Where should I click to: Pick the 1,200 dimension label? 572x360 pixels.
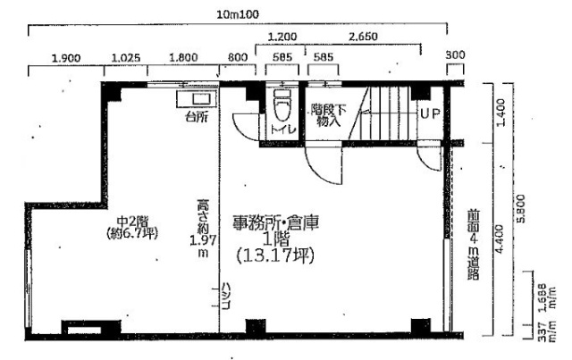tap(282, 37)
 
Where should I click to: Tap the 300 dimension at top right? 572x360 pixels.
tap(455, 55)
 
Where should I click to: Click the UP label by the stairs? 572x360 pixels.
tap(430, 114)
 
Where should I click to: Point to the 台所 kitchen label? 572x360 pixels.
tap(197, 116)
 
